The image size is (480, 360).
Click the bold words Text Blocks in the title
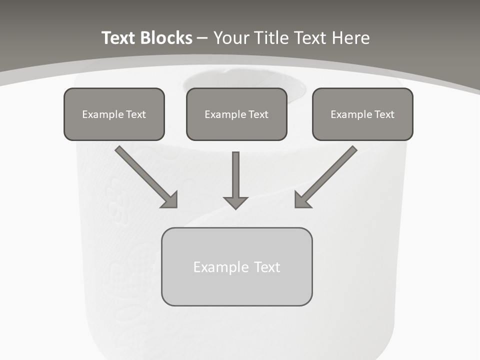146,38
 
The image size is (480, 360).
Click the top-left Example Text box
114,114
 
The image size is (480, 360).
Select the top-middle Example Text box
236,114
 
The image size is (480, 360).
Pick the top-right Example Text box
362,114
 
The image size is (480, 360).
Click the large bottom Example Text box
236,266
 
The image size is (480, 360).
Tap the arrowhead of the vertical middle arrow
235,202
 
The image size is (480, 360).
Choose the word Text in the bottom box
267,267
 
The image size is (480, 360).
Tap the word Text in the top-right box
384,114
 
